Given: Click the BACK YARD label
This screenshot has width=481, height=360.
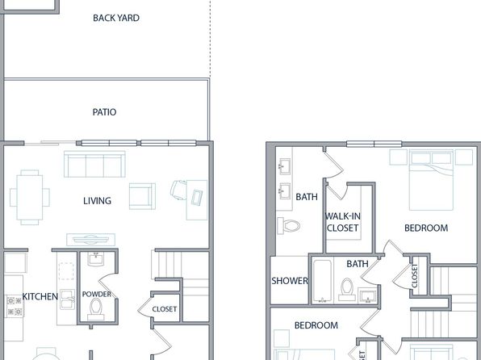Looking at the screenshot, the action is point(116,18).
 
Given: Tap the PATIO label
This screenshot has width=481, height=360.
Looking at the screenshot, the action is point(104,112).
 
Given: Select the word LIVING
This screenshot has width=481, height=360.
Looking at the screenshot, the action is point(97,201).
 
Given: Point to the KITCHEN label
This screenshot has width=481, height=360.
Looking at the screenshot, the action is point(40,296).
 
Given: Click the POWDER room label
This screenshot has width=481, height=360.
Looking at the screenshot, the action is point(97,294).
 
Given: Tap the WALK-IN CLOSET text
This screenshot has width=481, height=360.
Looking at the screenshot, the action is point(343,222).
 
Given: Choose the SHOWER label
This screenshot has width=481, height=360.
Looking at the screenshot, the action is point(290,281).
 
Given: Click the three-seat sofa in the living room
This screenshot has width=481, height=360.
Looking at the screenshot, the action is point(94,164).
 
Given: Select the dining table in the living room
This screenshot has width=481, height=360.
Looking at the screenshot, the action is point(30,197).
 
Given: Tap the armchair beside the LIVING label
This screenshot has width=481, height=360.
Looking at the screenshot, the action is point(142,196).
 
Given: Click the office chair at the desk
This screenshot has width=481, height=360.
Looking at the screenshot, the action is point(178,190).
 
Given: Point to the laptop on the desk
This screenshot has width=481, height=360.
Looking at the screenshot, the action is point(197,197).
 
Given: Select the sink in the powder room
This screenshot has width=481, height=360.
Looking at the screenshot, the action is point(96,259).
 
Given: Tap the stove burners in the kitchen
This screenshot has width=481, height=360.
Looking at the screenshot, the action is point(15,306).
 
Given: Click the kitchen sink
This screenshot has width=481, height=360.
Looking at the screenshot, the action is point(68,299).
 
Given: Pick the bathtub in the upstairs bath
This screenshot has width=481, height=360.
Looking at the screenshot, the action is point(322,281).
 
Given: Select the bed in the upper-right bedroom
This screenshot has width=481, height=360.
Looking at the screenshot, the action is point(431,180).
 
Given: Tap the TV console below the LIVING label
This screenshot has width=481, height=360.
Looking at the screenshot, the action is point(91,240).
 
